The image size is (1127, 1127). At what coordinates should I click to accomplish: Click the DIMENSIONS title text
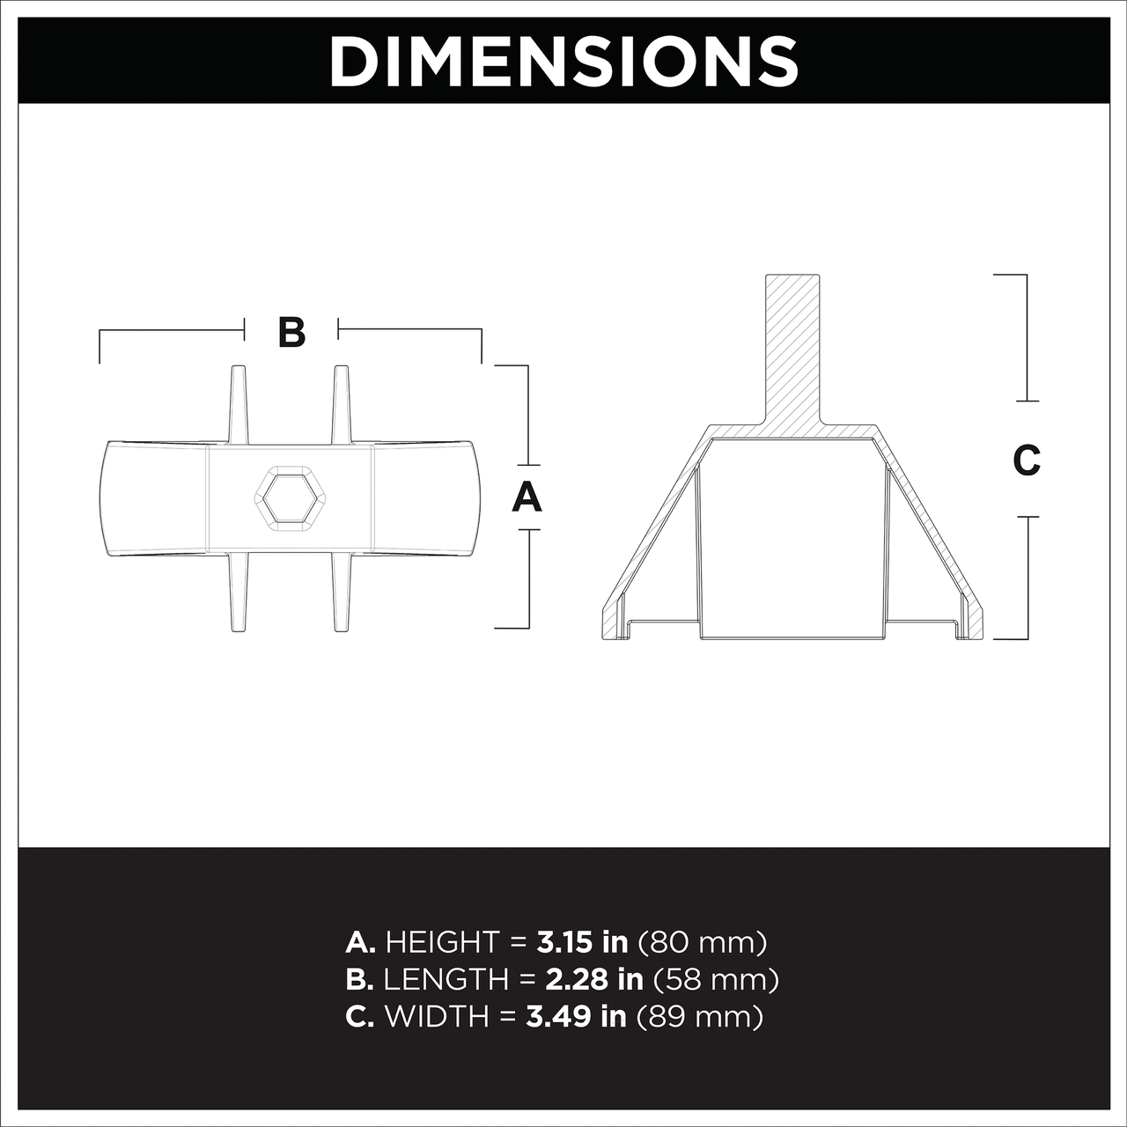pyautogui.click(x=563, y=62)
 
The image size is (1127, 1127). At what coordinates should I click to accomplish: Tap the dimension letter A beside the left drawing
pyautogui.click(x=527, y=497)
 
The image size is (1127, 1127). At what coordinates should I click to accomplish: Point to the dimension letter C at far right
pyautogui.click(x=1027, y=460)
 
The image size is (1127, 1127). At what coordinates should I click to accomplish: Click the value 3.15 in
pyautogui.click(x=582, y=941)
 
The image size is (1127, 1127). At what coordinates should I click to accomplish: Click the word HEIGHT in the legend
pyautogui.click(x=442, y=941)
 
